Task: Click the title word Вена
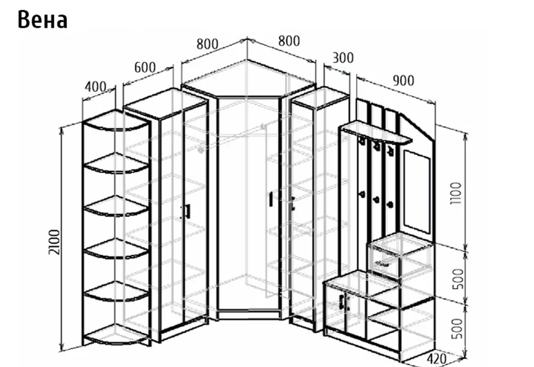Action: pos(42,20)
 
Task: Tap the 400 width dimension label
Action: pos(96,87)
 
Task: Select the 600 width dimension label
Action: pos(145,67)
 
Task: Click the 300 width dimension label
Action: pos(343,58)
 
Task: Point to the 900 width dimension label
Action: pos(404,81)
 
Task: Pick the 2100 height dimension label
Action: pos(55,242)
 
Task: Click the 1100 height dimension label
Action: pos(456,193)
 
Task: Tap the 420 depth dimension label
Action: pos(436,359)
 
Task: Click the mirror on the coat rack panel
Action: pos(417,192)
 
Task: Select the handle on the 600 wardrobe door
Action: pos(187,211)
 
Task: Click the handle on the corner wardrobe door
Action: pos(271,199)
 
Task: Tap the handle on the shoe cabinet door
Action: pos(341,302)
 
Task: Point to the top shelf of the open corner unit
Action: pos(116,121)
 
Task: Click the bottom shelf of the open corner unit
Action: pos(116,335)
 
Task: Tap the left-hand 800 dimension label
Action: pos(207,44)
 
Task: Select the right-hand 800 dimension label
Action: pos(289,41)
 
